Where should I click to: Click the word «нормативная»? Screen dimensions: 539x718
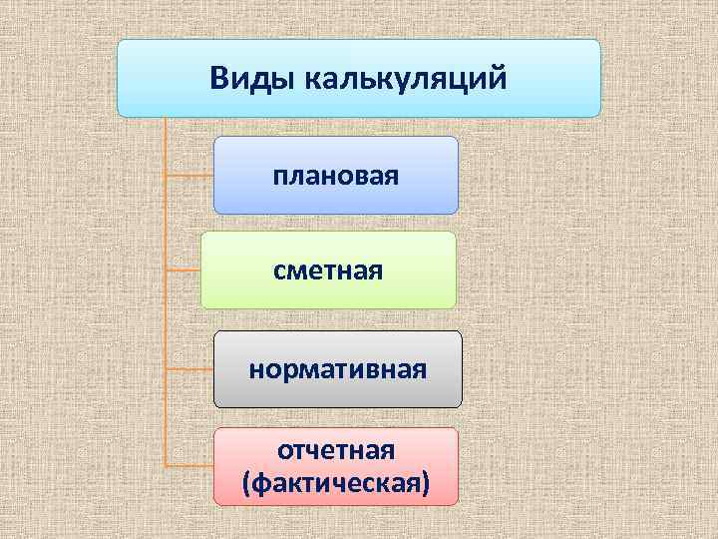pos(337,369)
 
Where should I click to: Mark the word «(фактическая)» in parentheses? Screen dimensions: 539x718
pos(337,483)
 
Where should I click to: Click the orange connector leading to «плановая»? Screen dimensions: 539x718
pos(189,176)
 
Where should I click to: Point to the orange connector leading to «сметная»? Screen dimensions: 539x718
pos(183,269)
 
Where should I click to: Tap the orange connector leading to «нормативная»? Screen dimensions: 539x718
pos(189,369)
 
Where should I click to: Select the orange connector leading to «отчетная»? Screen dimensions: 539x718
pos(189,466)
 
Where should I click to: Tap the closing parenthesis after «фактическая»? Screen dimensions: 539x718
pos(427,484)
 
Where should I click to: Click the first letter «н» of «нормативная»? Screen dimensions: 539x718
pos(255,370)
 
